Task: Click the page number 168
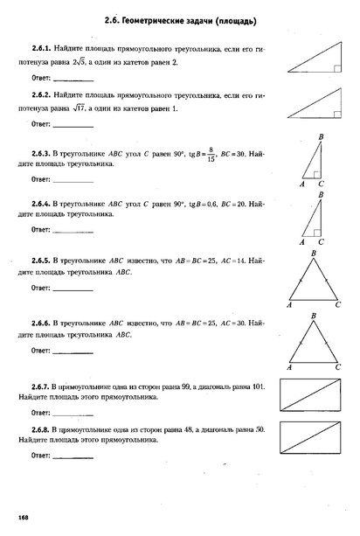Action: [x=24, y=519]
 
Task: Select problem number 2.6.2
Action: [x=42, y=94]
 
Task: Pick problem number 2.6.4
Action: [x=42, y=204]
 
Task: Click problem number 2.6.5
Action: [x=42, y=261]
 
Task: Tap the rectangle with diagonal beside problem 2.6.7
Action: [x=311, y=396]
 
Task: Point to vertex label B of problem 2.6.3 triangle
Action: [x=322, y=136]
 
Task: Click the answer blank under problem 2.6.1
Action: [x=73, y=79]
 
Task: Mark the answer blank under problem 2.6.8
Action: [x=73, y=456]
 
